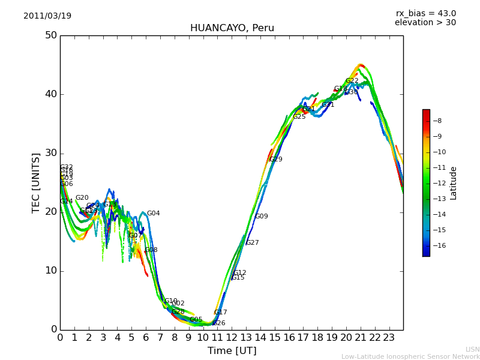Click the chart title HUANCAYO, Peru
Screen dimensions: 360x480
coord(232,28)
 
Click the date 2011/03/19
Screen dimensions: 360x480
coord(47,16)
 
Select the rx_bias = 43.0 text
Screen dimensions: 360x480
coord(425,14)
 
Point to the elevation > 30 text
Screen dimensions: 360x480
coord(425,23)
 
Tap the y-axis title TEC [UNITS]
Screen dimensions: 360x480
coord(36,182)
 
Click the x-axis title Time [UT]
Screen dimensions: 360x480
coord(232,351)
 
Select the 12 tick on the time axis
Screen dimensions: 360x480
coord(232,338)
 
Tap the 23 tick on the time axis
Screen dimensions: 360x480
coord(389,338)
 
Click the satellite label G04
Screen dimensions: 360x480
coord(154,214)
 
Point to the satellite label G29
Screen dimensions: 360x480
coord(276,160)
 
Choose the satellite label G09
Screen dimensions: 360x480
coord(262,217)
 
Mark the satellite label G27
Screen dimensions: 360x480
coord(253,243)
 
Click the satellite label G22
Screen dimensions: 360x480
coord(352,81)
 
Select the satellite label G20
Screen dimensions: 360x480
coord(82,198)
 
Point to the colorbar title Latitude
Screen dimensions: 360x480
coord(454,183)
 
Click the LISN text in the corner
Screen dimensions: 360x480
coord(472,349)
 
